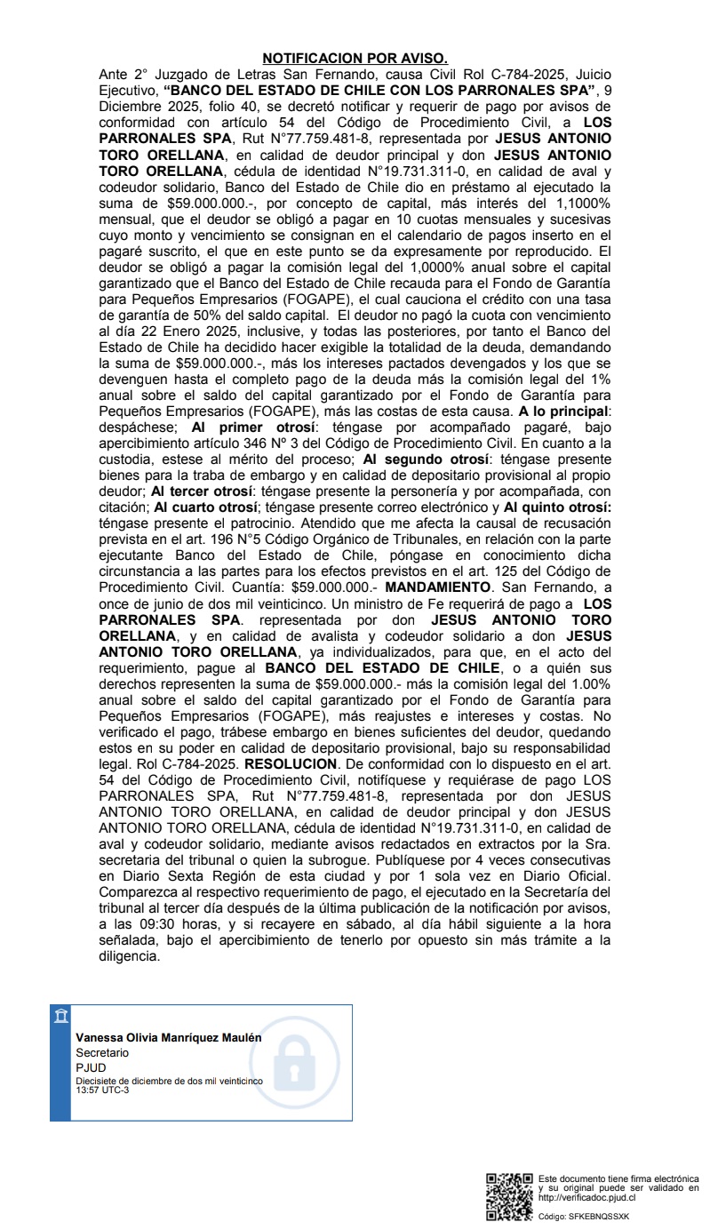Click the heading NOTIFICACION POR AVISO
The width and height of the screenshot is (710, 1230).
click(x=355, y=59)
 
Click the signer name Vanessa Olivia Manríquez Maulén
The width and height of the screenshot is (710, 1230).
click(x=169, y=1037)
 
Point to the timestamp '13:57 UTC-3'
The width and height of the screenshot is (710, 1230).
click(x=102, y=1090)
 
